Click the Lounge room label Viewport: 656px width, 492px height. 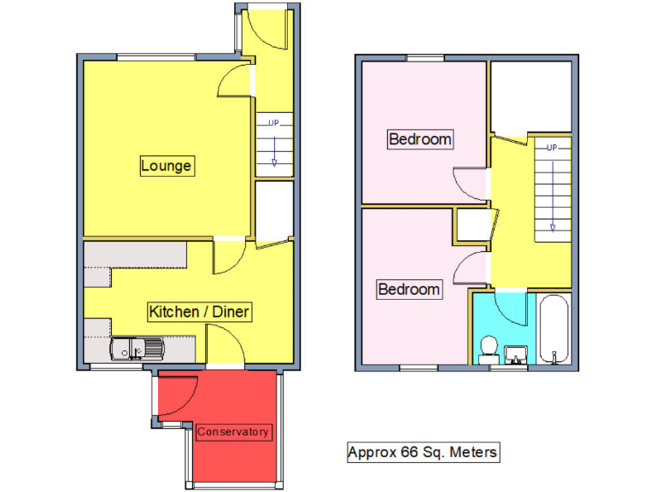click(167, 166)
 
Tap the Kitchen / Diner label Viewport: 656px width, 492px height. click(199, 312)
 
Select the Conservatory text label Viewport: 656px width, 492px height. click(233, 431)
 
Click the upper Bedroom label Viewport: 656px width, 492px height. click(419, 138)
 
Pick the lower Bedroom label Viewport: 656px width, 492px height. click(409, 290)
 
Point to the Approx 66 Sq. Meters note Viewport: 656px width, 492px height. click(422, 452)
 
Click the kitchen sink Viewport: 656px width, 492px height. click(137, 348)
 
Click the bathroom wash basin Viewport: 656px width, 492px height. click(514, 354)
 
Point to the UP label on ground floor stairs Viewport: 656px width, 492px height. click(273, 123)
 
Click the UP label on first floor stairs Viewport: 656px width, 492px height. click(552, 148)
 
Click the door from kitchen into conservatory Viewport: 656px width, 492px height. click(226, 351)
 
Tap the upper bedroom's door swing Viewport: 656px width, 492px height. click(470, 180)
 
